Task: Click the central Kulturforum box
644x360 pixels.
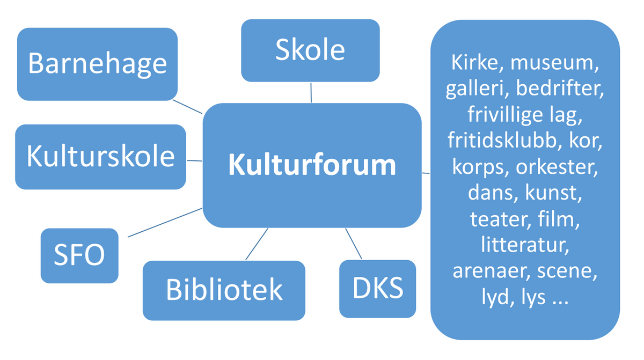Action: pyautogui.click(x=312, y=165)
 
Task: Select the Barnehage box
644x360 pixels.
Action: pyautogui.click(x=97, y=64)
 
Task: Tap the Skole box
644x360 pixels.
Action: pyautogui.click(x=310, y=50)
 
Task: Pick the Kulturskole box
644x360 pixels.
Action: pyautogui.click(x=100, y=157)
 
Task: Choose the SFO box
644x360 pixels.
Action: pyautogui.click(x=79, y=256)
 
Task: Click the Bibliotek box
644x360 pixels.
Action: pyautogui.click(x=224, y=290)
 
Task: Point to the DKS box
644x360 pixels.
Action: pyautogui.click(x=377, y=289)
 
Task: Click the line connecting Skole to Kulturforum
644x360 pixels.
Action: pyautogui.click(x=311, y=92)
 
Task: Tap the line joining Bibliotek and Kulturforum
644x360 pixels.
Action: pyautogui.click(x=257, y=244)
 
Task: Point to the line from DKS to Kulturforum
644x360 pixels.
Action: pyautogui.click(x=354, y=244)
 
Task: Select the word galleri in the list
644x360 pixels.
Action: pyautogui.click(x=477, y=89)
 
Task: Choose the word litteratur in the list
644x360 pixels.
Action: pyautogui.click(x=525, y=244)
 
